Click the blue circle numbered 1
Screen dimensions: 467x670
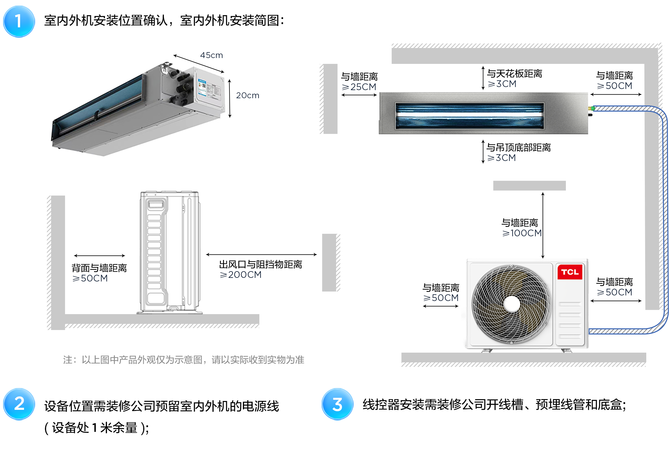click(x=19, y=21)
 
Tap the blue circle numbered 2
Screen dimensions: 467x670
click(x=19, y=404)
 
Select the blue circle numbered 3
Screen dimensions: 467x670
click(x=337, y=404)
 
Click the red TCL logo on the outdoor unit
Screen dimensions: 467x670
click(x=569, y=272)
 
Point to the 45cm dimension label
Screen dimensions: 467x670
click(x=211, y=55)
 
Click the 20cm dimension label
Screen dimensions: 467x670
click(x=247, y=95)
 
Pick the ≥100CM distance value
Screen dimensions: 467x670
click(x=521, y=233)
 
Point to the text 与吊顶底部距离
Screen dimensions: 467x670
click(x=518, y=148)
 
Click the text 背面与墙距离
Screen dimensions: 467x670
click(x=99, y=268)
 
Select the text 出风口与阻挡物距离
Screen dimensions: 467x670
click(x=260, y=264)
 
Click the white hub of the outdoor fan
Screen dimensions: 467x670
click(x=511, y=304)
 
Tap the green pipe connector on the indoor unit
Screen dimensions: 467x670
click(x=593, y=109)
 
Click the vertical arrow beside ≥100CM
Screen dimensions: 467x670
click(x=543, y=225)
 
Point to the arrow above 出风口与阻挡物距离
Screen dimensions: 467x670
click(x=261, y=255)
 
